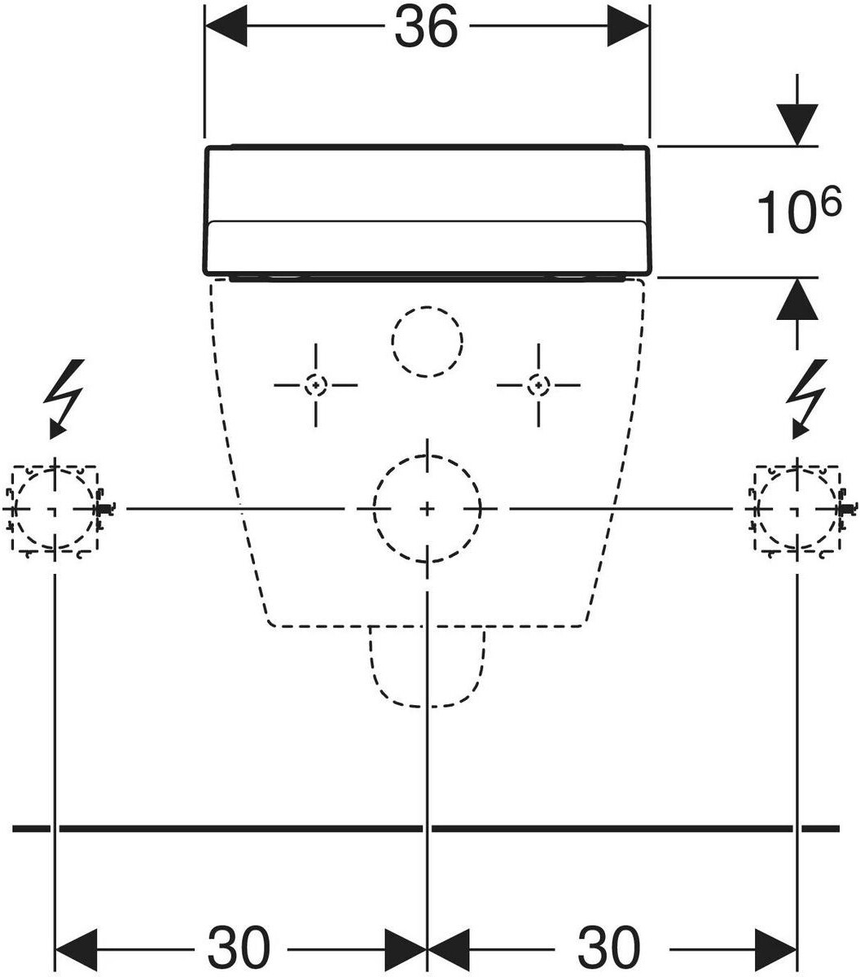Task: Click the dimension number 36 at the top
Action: [x=425, y=28]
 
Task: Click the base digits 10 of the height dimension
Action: [x=785, y=212]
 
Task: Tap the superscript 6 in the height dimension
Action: [x=831, y=201]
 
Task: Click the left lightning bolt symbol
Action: [x=65, y=399]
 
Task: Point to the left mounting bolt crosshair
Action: [x=316, y=385]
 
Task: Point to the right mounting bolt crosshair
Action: [x=538, y=385]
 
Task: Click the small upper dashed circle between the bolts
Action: [x=428, y=307]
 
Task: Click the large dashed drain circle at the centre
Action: [x=428, y=456]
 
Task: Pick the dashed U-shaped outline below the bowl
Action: [x=428, y=707]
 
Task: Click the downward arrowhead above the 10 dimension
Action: [x=797, y=125]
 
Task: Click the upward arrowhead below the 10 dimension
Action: [x=797, y=299]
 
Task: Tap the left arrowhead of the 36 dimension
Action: [x=226, y=27]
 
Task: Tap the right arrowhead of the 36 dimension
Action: [x=628, y=27]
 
